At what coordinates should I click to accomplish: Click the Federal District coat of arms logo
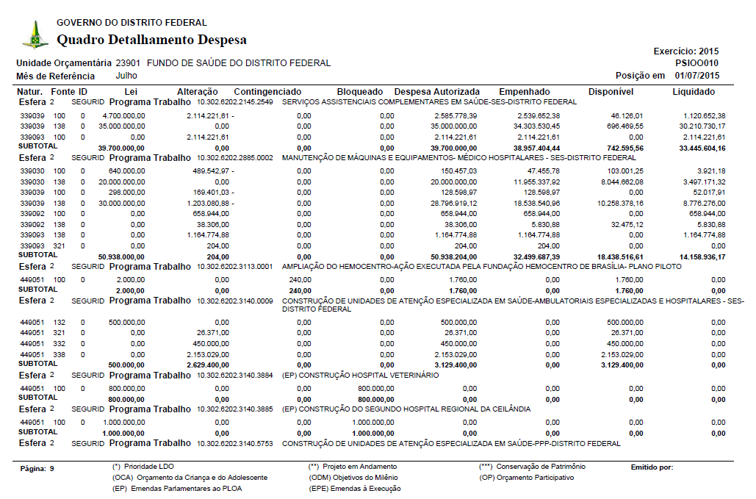click(x=35, y=35)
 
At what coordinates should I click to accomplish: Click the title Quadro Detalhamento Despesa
click(x=151, y=40)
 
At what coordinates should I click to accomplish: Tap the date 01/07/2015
click(x=697, y=76)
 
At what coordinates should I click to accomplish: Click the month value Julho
click(x=126, y=76)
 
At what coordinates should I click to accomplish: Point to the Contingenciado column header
click(x=267, y=92)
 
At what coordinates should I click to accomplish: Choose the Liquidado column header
click(x=694, y=92)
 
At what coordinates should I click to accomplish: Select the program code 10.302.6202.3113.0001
click(x=235, y=267)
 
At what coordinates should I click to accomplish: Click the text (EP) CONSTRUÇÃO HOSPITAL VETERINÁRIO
click(x=360, y=376)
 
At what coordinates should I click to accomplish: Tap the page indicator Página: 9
click(x=37, y=467)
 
